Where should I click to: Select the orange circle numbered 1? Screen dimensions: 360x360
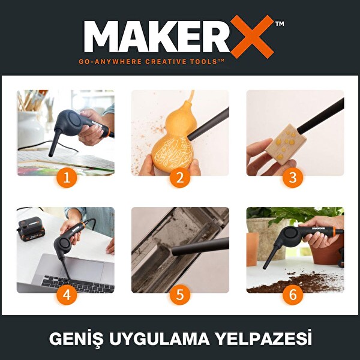67,178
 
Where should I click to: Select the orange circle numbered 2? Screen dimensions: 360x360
180,178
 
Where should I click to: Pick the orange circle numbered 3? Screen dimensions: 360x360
293,178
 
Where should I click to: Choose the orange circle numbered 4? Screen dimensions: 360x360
67,295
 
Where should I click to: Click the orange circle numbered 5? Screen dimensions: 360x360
180,295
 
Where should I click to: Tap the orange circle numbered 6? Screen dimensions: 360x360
293,295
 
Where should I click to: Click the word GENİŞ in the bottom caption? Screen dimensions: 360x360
73,339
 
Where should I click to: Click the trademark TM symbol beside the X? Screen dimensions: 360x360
280,24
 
